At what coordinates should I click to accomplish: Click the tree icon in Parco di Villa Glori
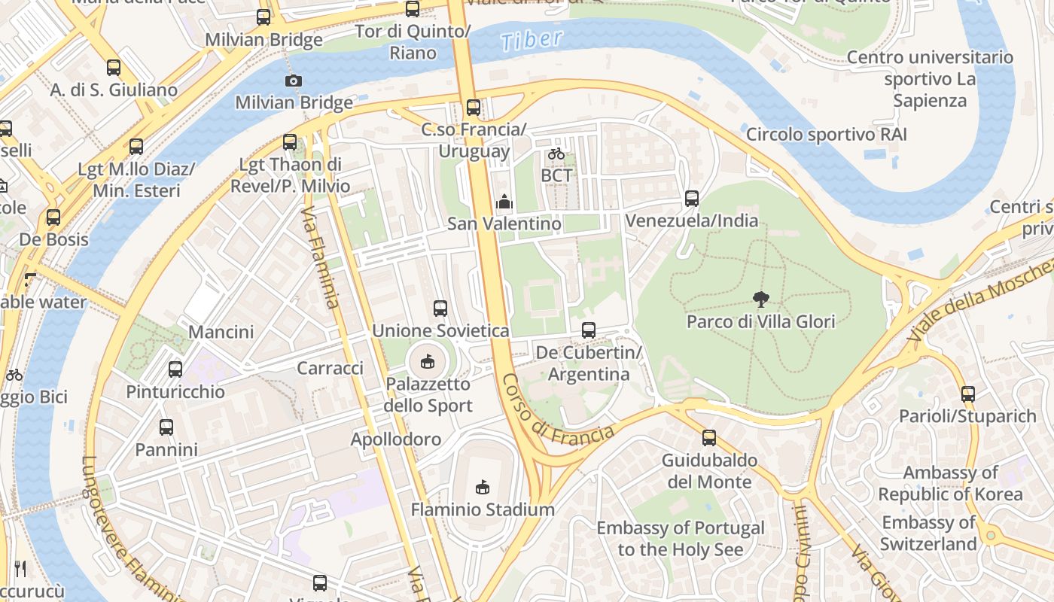pyautogui.click(x=760, y=299)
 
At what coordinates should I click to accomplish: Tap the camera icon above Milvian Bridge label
pyautogui.click(x=294, y=81)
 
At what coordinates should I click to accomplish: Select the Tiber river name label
pyautogui.click(x=532, y=41)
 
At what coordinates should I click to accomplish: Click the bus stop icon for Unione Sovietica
pyautogui.click(x=440, y=309)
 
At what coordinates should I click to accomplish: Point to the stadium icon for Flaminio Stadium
pyautogui.click(x=483, y=488)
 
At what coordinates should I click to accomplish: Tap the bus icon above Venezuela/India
pyautogui.click(x=692, y=199)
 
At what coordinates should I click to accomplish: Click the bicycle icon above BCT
pyautogui.click(x=556, y=154)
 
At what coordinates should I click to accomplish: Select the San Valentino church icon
pyautogui.click(x=504, y=202)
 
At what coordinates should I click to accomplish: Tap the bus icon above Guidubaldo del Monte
pyautogui.click(x=708, y=438)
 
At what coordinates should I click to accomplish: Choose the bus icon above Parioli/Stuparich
pyautogui.click(x=968, y=394)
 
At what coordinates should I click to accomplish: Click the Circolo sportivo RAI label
pyautogui.click(x=826, y=135)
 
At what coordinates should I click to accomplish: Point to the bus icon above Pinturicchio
pyautogui.click(x=175, y=369)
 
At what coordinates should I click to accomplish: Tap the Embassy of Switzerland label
pyautogui.click(x=928, y=533)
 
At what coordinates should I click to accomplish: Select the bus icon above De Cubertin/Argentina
pyautogui.click(x=589, y=330)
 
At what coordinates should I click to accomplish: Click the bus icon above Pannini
pyautogui.click(x=166, y=427)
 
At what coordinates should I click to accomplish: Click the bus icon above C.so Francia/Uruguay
pyautogui.click(x=473, y=108)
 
